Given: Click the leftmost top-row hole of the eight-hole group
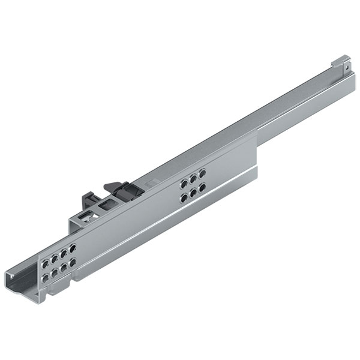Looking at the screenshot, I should pos(44,262).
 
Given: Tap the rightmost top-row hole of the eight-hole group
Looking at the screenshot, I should pos(73,247).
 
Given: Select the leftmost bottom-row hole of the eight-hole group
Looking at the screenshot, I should pos(44,277).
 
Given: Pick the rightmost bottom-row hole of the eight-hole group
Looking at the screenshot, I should pos(73,262).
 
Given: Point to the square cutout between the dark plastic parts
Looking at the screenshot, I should pos(108,205).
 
